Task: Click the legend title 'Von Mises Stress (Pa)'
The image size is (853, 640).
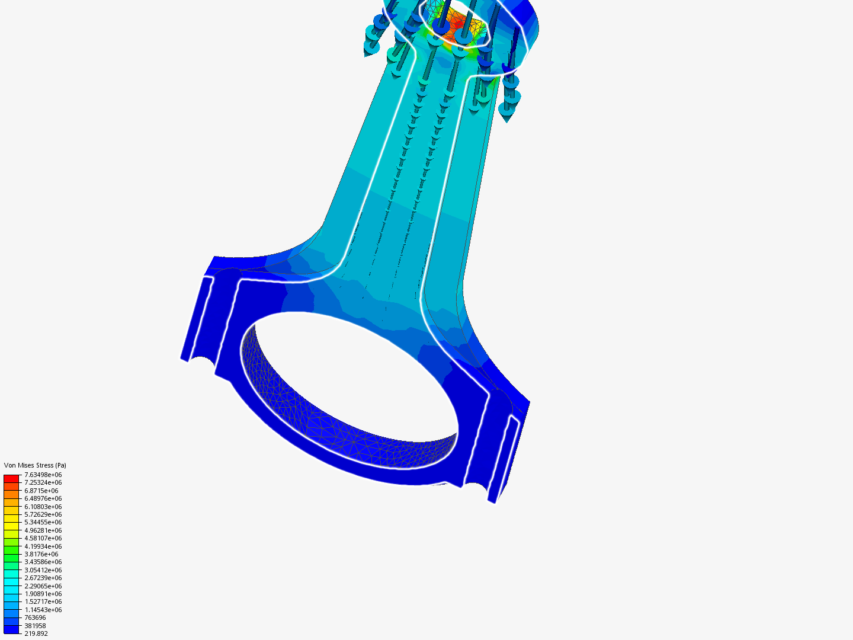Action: (x=35, y=465)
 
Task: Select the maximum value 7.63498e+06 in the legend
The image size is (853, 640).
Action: (x=43, y=475)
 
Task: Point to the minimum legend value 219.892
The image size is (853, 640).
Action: (x=36, y=633)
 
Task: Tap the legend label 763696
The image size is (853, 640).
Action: (x=35, y=617)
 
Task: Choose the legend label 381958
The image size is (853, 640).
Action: (x=35, y=626)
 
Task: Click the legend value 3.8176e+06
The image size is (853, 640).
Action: (x=41, y=554)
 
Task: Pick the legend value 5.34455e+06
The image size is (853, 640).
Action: (x=43, y=522)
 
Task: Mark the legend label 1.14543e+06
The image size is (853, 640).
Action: (x=43, y=610)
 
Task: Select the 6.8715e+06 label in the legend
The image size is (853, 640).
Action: (x=41, y=491)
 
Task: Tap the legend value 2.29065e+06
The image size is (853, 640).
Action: (x=43, y=586)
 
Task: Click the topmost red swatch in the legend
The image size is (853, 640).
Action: (x=11, y=478)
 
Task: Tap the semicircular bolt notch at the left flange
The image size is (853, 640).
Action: (x=202, y=363)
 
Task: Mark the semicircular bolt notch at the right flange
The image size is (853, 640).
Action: (x=474, y=487)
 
